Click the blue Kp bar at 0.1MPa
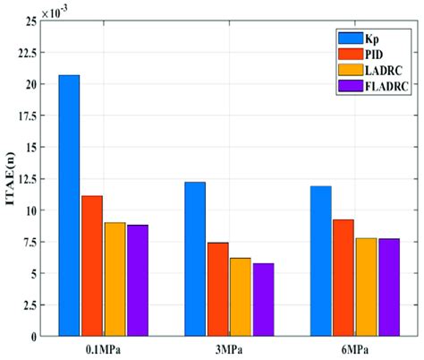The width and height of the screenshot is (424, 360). (69, 205)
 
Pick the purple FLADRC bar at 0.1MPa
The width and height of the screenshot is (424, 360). (138, 280)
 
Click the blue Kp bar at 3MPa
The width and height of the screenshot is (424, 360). (195, 259)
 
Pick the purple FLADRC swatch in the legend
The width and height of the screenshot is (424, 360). (343, 86)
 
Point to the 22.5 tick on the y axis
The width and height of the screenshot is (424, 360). (38, 52)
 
